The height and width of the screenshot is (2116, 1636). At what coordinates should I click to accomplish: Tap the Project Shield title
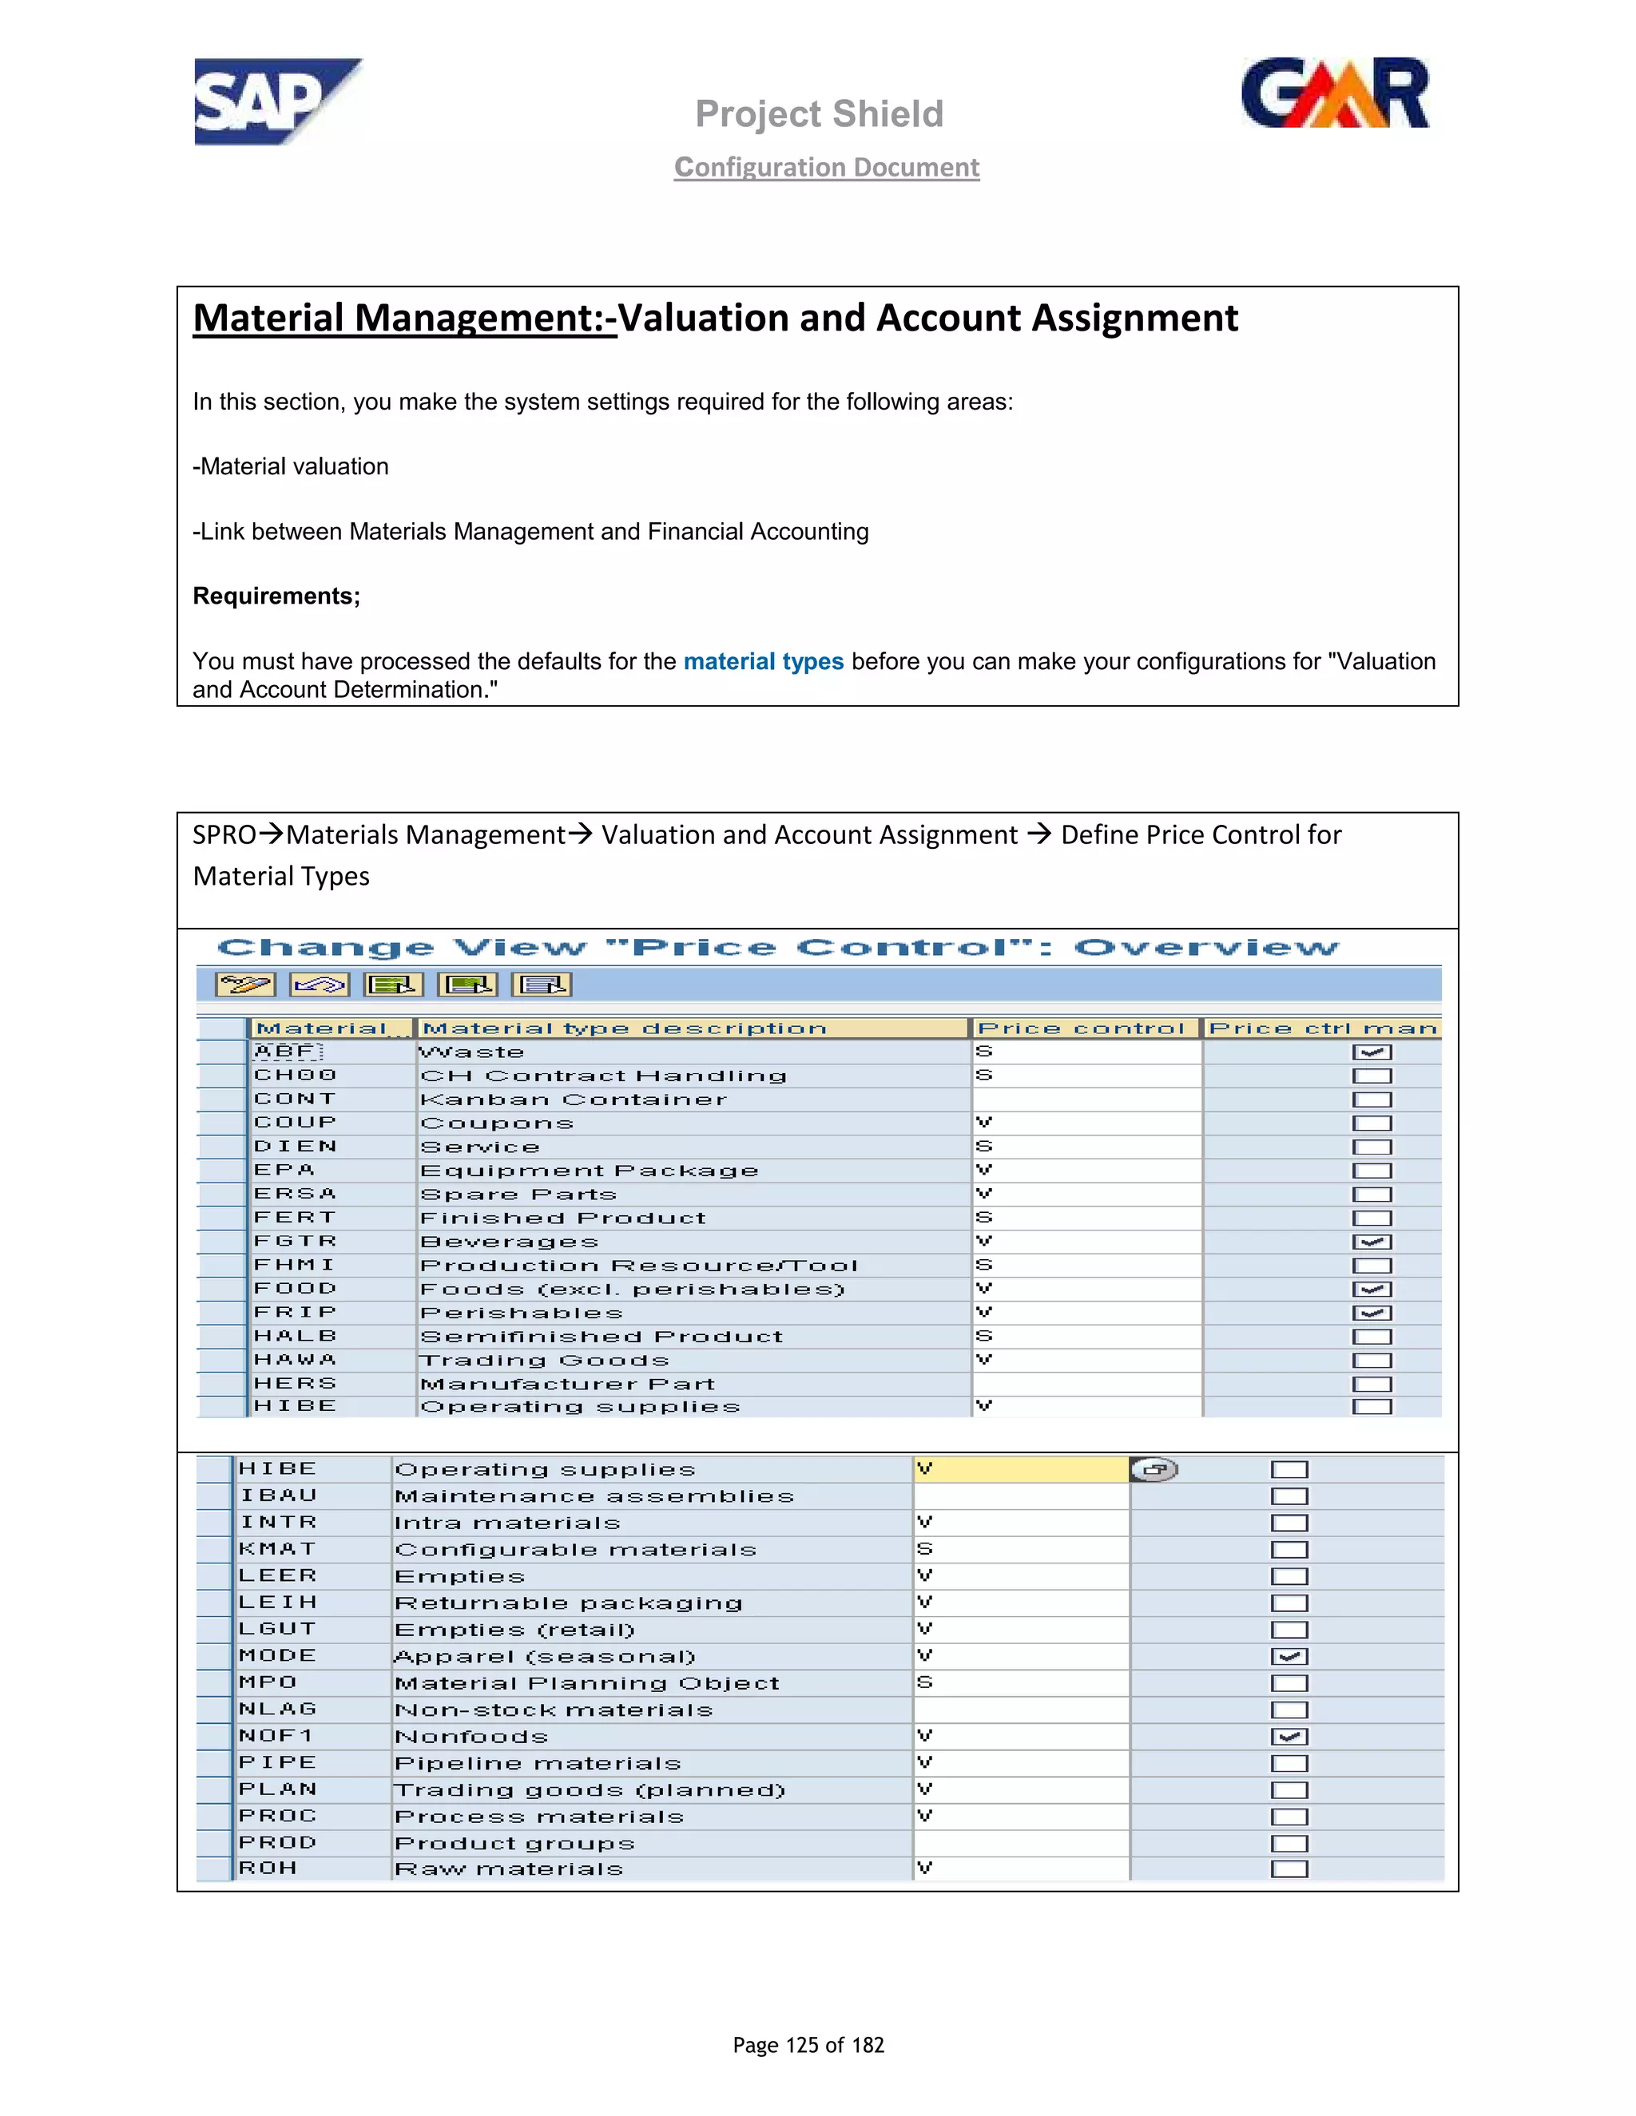(819, 113)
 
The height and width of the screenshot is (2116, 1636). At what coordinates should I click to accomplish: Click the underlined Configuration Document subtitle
(827, 168)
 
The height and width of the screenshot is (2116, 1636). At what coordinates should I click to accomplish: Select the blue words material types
(763, 662)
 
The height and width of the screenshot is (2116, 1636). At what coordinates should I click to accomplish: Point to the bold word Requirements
(276, 596)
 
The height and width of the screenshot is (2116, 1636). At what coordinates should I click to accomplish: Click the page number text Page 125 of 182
(808, 2044)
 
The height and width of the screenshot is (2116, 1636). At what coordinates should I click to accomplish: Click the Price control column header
(1082, 1028)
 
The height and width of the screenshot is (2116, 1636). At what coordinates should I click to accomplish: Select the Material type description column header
(625, 1028)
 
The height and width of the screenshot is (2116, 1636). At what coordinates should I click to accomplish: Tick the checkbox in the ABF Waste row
(1372, 1052)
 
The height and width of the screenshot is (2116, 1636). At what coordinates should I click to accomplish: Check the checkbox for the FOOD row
(1372, 1290)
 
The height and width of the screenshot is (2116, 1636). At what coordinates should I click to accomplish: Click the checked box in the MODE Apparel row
(1289, 1657)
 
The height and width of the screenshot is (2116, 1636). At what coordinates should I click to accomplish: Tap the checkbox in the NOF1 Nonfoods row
(1289, 1738)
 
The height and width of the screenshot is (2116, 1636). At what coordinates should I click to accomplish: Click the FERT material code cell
(295, 1218)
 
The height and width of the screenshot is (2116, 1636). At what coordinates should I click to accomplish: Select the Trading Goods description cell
(545, 1361)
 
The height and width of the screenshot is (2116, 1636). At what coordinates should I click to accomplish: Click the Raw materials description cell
(509, 1869)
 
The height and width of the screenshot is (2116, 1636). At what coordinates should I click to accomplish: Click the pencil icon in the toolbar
(245, 985)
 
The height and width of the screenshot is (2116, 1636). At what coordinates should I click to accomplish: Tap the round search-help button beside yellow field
(1154, 1470)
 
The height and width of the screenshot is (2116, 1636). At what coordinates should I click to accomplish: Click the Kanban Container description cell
(574, 1100)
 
